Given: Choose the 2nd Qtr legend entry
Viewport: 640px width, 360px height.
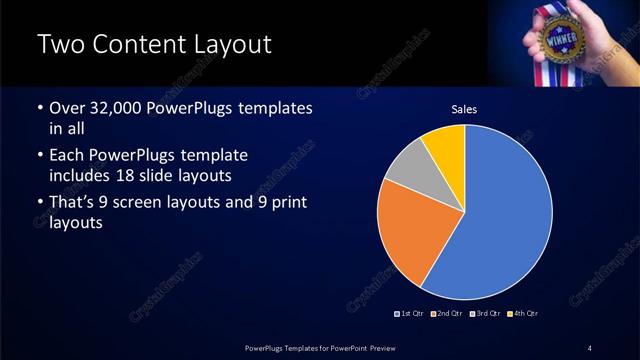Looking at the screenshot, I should pos(448,314).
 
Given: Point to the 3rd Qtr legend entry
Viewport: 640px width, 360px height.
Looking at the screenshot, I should pos(485,314).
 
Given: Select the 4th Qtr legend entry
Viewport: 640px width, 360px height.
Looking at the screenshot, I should pos(522,314).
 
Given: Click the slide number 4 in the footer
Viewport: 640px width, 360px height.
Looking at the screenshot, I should pos(590,347).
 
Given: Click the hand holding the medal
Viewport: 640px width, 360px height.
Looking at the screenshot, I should pos(600,30).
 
